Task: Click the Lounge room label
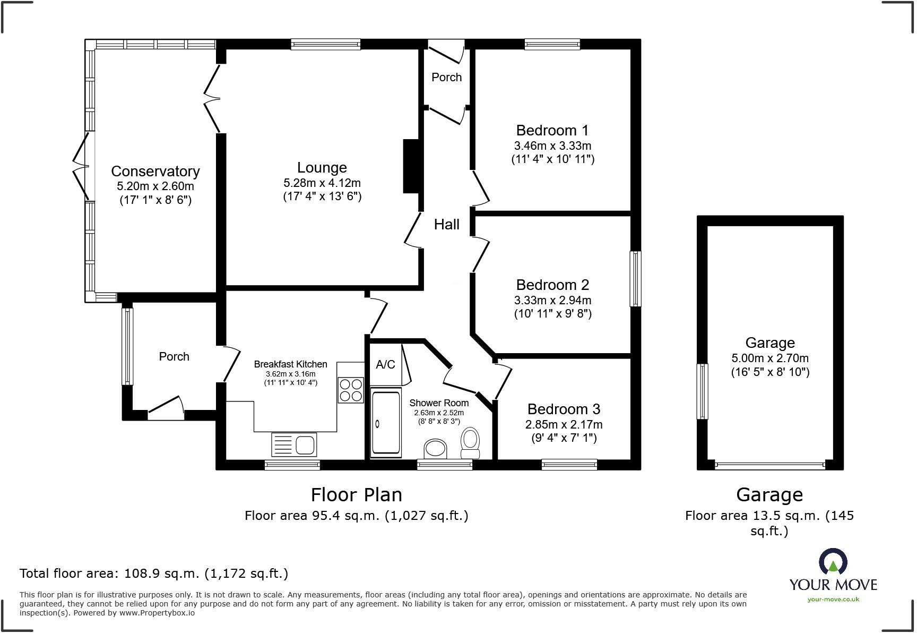322,168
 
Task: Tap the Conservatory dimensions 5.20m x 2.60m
155,186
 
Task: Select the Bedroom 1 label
552,130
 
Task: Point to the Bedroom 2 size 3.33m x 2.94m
552,300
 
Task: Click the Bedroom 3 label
564,409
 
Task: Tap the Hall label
446,224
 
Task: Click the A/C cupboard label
385,364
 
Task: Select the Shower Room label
439,403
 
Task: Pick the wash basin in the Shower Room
436,448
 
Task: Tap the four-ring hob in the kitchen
350,390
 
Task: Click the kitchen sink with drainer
294,444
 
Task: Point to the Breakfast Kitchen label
290,364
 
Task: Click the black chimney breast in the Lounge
411,166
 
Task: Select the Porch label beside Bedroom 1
446,78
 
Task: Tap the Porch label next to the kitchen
174,357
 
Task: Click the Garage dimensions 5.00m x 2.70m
769,358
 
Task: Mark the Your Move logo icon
833,562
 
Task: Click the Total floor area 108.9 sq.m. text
154,574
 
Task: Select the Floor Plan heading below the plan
356,494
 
